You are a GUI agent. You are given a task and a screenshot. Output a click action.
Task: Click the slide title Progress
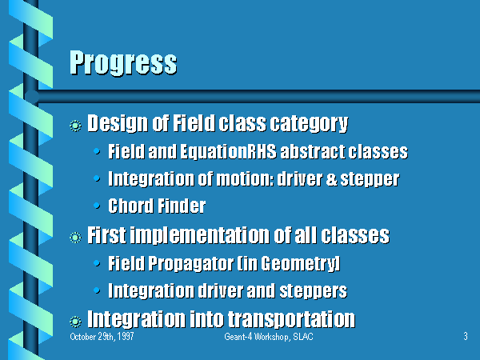(x=123, y=63)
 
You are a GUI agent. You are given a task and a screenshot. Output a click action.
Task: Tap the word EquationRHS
(x=228, y=151)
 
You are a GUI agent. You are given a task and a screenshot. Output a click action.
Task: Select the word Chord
(x=130, y=206)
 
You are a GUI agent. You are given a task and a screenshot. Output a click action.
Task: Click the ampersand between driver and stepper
(x=331, y=178)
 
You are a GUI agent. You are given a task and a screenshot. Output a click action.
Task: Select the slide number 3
(x=466, y=336)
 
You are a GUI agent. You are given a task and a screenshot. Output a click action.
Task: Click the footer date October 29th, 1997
(x=102, y=337)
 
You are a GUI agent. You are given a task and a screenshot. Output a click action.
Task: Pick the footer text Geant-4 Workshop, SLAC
(x=269, y=337)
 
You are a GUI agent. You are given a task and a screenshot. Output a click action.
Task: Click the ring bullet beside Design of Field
(x=75, y=126)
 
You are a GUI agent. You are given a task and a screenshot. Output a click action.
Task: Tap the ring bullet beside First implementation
(x=75, y=238)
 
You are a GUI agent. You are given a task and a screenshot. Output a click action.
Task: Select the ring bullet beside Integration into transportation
(x=75, y=322)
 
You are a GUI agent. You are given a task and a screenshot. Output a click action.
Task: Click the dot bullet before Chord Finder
(x=97, y=206)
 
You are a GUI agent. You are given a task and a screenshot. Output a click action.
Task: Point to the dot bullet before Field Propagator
(x=97, y=263)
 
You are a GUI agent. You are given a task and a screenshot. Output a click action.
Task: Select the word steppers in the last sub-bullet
(x=313, y=291)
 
